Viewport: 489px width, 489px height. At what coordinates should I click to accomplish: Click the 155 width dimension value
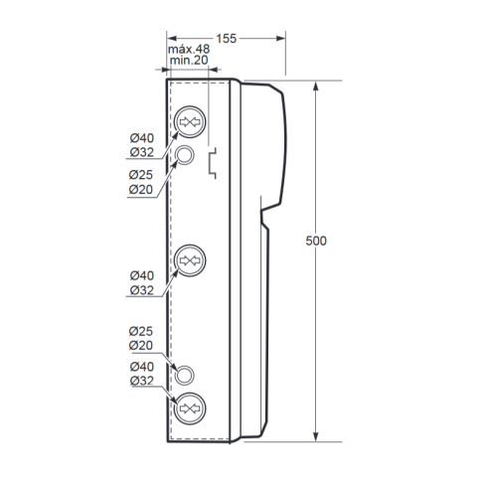coord(227,39)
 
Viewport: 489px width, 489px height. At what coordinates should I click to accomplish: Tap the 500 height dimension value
coord(316,241)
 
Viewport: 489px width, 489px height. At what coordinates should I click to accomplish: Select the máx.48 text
coord(189,50)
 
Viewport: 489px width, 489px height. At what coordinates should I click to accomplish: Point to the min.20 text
coord(189,61)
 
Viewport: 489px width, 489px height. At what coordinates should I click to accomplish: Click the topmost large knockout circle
coord(190,122)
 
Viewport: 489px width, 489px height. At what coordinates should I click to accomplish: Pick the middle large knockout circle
coord(190,260)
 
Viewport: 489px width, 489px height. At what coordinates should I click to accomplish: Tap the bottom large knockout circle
coord(190,408)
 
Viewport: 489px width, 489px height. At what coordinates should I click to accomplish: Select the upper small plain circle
coord(184,155)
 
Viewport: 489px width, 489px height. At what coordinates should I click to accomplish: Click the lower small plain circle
coord(184,376)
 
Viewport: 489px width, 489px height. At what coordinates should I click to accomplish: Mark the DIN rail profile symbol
coord(213,164)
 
